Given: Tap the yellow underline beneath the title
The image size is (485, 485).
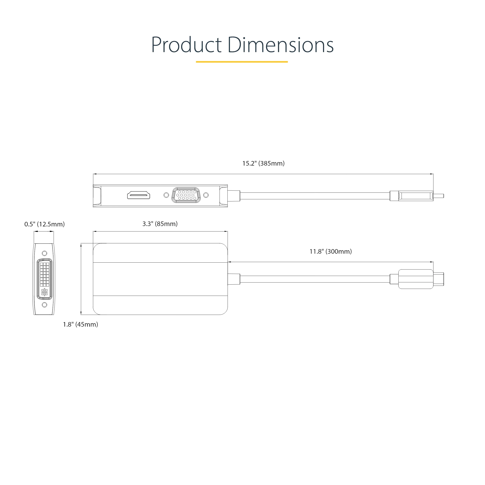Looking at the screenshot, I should point(242,62).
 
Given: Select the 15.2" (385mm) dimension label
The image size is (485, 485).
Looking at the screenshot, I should point(263,163).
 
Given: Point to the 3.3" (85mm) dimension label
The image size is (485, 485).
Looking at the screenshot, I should point(160,224).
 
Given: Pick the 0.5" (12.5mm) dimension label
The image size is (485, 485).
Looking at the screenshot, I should point(45,224).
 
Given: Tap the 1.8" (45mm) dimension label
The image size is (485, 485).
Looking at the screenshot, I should point(80,324).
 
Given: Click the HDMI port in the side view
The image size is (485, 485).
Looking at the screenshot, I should point(138,195).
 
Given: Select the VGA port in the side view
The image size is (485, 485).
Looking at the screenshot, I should point(186,195).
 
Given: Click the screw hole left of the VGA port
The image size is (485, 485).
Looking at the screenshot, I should point(166,195).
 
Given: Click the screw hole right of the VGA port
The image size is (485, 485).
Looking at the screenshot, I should point(206,195).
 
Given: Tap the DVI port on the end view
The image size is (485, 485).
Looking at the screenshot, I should point(45,279).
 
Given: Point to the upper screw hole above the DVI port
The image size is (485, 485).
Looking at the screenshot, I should point(45,253).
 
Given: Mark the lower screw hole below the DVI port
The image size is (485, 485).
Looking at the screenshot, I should point(45,305).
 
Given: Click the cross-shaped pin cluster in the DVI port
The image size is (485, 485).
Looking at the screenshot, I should point(45,292).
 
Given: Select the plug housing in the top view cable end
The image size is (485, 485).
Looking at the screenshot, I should point(416,279).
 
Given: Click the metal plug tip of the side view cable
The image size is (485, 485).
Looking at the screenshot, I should point(439,196).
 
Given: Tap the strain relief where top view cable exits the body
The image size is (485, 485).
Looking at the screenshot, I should point(234,279).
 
